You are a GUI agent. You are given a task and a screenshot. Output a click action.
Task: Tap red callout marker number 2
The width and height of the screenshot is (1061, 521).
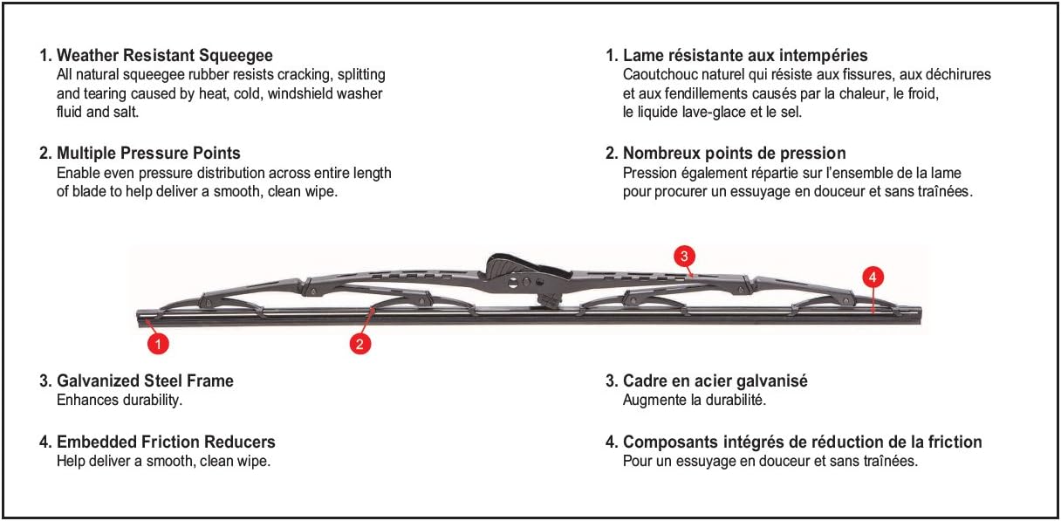click(360, 344)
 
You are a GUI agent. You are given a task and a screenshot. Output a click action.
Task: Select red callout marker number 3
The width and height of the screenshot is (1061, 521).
click(685, 256)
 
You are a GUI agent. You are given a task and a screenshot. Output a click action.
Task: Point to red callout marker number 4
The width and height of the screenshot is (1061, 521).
click(873, 278)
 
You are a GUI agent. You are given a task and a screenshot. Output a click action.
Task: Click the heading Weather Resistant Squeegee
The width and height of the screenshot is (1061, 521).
click(164, 55)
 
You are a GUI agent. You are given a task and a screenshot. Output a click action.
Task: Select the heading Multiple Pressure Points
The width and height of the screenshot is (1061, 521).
click(148, 154)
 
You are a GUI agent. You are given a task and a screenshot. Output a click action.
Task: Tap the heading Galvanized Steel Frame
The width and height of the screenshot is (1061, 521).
click(145, 380)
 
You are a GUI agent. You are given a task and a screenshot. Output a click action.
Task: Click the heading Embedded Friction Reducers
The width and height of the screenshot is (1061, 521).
click(166, 442)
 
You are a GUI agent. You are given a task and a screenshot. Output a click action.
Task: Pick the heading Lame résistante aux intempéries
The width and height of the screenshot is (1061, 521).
click(745, 55)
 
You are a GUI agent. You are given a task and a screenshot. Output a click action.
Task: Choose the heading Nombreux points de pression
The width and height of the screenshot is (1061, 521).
click(734, 154)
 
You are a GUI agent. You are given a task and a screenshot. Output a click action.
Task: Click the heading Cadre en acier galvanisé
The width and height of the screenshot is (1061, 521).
click(715, 380)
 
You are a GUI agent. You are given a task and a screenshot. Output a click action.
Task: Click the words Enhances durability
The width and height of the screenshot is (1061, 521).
click(120, 400)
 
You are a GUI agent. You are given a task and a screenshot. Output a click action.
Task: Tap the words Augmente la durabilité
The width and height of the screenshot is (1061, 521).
click(694, 400)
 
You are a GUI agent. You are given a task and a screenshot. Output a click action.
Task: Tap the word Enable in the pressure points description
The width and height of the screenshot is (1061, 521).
click(77, 173)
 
